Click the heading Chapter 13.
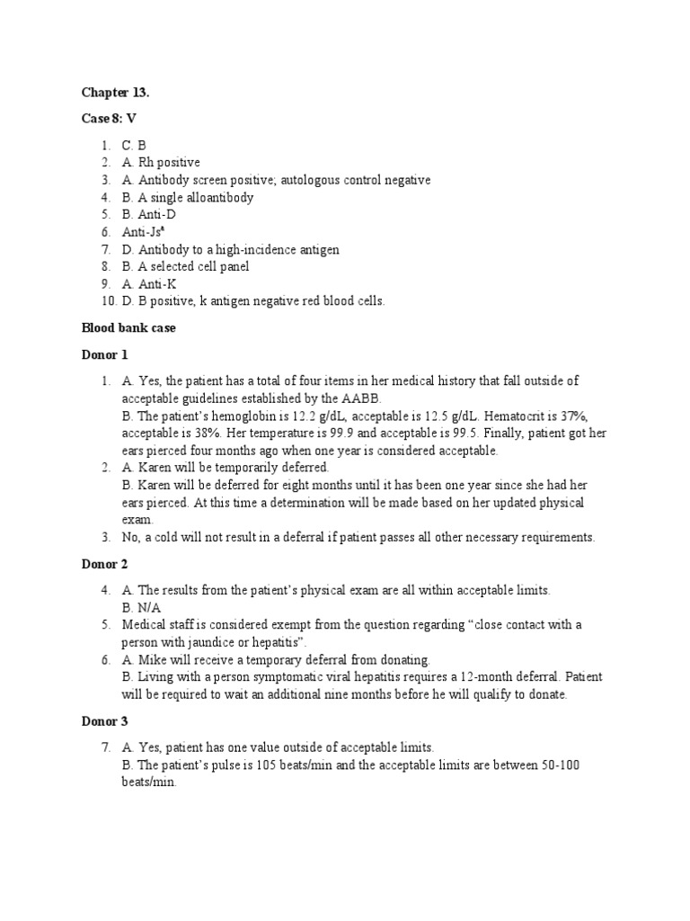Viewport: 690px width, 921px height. pyautogui.click(x=110, y=93)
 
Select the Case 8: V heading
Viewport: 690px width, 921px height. pyautogui.click(x=109, y=119)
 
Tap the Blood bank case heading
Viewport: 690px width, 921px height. pyautogui.click(x=128, y=328)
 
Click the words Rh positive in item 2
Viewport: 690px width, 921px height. pyautogui.click(x=168, y=162)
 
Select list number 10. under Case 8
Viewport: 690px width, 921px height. pyautogui.click(x=104, y=301)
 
